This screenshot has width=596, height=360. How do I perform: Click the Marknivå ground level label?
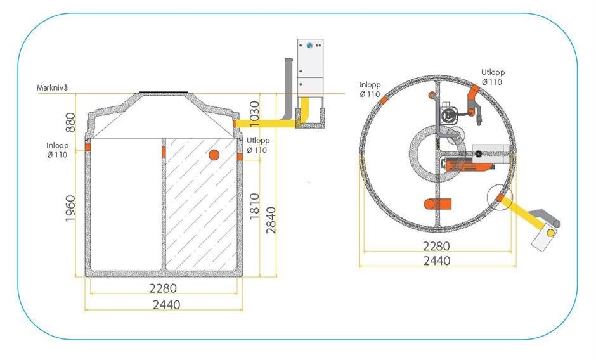coord(52,87)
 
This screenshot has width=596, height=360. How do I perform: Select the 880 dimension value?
coord(71,122)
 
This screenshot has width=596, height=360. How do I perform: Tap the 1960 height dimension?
coord(71,209)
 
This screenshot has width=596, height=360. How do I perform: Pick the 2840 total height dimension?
coord(271,220)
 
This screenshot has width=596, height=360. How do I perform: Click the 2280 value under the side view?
coord(163,288)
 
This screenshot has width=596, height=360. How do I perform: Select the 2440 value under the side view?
coord(167,304)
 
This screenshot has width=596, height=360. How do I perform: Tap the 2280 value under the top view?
coord(436,246)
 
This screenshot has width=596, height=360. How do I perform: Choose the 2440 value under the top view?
coord(436,260)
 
